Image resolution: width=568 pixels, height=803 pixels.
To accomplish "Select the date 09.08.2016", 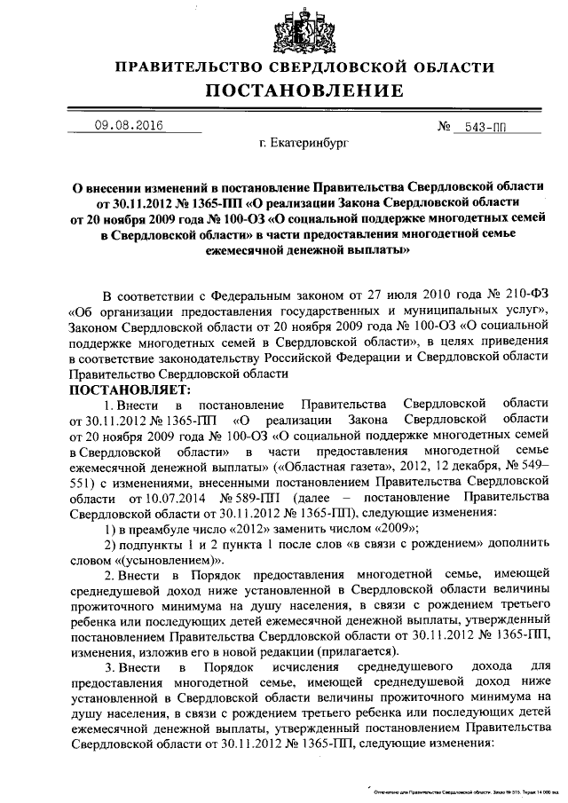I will pos(129,126).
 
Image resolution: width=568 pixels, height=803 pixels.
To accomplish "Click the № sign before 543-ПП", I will pos(446,127).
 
